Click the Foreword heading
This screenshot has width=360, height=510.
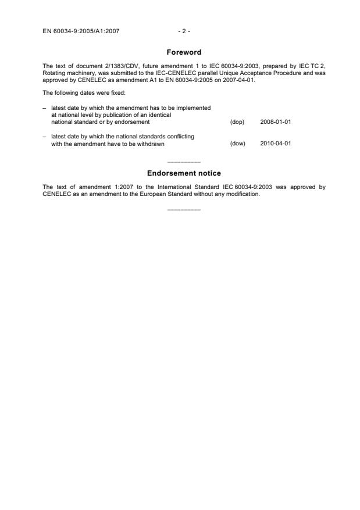click(x=183, y=52)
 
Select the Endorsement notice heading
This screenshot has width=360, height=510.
click(x=184, y=173)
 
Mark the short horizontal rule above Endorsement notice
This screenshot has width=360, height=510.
click(x=183, y=161)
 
